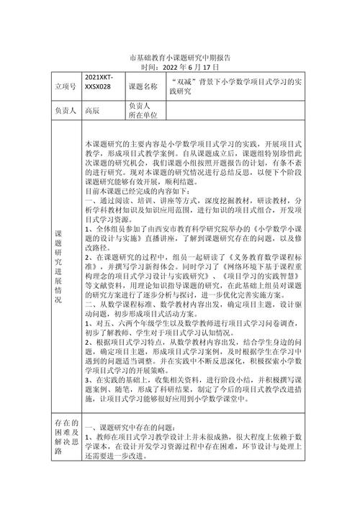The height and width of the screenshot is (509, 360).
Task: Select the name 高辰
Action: (x=91, y=112)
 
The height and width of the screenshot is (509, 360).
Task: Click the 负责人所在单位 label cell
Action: (x=143, y=112)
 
